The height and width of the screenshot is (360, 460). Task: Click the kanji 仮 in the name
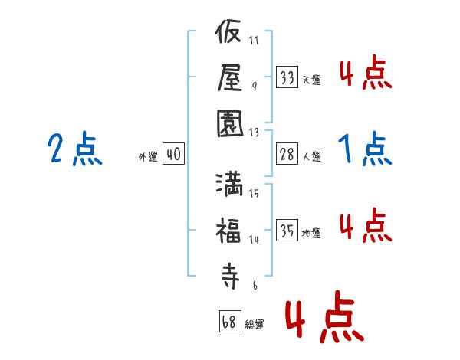(228, 31)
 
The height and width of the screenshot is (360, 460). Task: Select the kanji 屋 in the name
(230, 77)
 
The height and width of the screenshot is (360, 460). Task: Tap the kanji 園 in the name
(230, 123)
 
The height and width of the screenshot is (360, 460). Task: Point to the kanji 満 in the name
(230, 185)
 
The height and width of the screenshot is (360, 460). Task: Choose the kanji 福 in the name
(228, 231)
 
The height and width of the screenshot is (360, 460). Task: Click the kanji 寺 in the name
(230, 276)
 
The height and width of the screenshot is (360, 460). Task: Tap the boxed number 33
(287, 77)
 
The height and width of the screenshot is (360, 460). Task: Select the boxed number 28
(287, 154)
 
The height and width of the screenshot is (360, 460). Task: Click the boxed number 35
(287, 230)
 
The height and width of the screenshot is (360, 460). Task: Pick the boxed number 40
(173, 154)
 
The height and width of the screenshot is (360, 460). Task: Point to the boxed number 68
(230, 321)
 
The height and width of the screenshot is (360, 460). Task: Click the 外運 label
(148, 156)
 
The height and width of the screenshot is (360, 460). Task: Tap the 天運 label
(312, 80)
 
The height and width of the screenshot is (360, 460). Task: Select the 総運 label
(255, 324)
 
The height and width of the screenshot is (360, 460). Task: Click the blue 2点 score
(75, 149)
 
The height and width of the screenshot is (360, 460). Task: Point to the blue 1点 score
(365, 149)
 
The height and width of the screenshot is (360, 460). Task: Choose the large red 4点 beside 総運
(325, 316)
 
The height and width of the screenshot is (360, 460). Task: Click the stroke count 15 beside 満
(254, 193)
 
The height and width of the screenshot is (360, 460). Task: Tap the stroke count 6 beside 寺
(255, 285)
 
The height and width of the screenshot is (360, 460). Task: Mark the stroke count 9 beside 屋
(255, 87)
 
